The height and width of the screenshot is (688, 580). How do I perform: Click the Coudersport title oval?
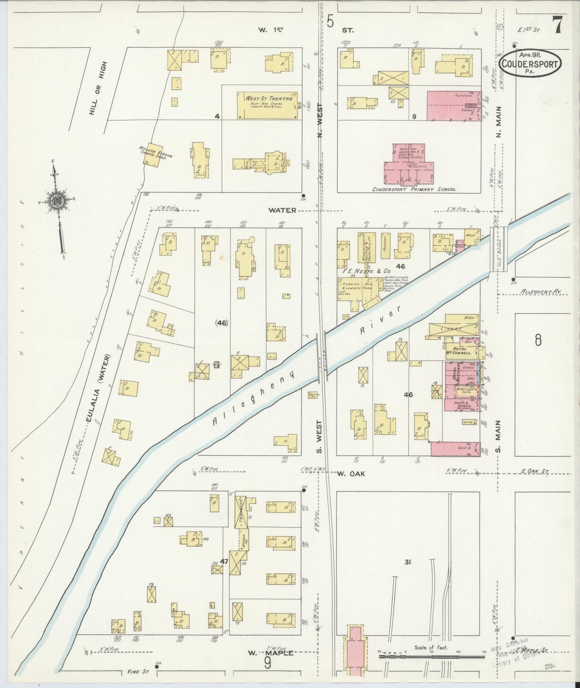pyautogui.click(x=530, y=63)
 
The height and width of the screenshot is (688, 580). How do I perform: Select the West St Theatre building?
pyautogui.click(x=267, y=106)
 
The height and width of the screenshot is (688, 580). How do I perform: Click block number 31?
pyautogui.click(x=408, y=562)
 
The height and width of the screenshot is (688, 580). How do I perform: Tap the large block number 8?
pyautogui.click(x=538, y=340)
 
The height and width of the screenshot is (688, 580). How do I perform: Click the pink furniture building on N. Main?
pyautogui.click(x=454, y=106)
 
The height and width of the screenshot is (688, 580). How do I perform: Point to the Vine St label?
pyautogui.click(x=135, y=672)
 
